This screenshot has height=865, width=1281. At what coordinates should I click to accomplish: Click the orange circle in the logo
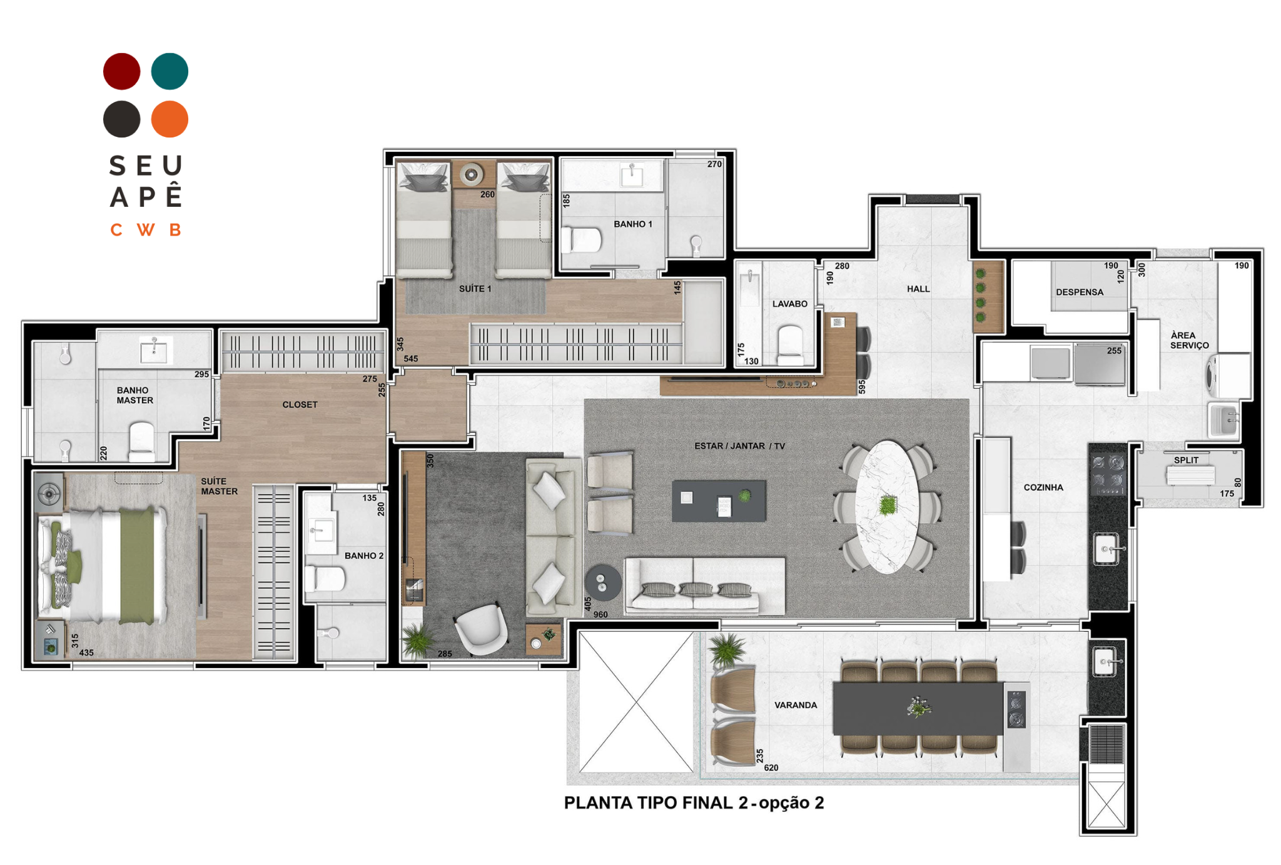click(x=170, y=119)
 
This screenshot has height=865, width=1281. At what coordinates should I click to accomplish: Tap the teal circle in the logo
click(x=170, y=71)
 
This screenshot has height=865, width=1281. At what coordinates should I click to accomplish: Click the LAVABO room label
click(x=789, y=304)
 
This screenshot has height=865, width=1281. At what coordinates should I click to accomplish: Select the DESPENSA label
click(x=1080, y=292)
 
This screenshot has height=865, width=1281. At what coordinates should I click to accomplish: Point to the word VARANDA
click(x=796, y=705)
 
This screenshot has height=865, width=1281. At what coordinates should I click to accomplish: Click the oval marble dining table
click(x=888, y=506)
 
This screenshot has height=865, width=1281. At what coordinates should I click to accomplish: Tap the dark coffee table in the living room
click(x=719, y=501)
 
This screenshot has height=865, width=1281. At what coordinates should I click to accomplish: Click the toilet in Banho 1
click(x=581, y=239)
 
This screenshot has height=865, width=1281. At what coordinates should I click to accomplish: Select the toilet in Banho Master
click(x=142, y=442)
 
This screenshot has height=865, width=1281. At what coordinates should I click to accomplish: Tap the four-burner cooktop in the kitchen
click(x=1108, y=474)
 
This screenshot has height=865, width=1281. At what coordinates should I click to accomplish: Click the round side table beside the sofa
click(x=603, y=582)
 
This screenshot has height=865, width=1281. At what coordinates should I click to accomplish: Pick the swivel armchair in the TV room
click(x=481, y=629)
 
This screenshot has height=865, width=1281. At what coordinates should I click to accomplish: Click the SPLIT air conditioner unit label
click(x=1186, y=460)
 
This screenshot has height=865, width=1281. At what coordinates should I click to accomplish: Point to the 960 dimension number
click(x=600, y=614)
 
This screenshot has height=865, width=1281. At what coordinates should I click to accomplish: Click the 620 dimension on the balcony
click(x=771, y=767)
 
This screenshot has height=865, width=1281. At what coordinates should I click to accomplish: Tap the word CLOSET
click(x=300, y=404)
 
